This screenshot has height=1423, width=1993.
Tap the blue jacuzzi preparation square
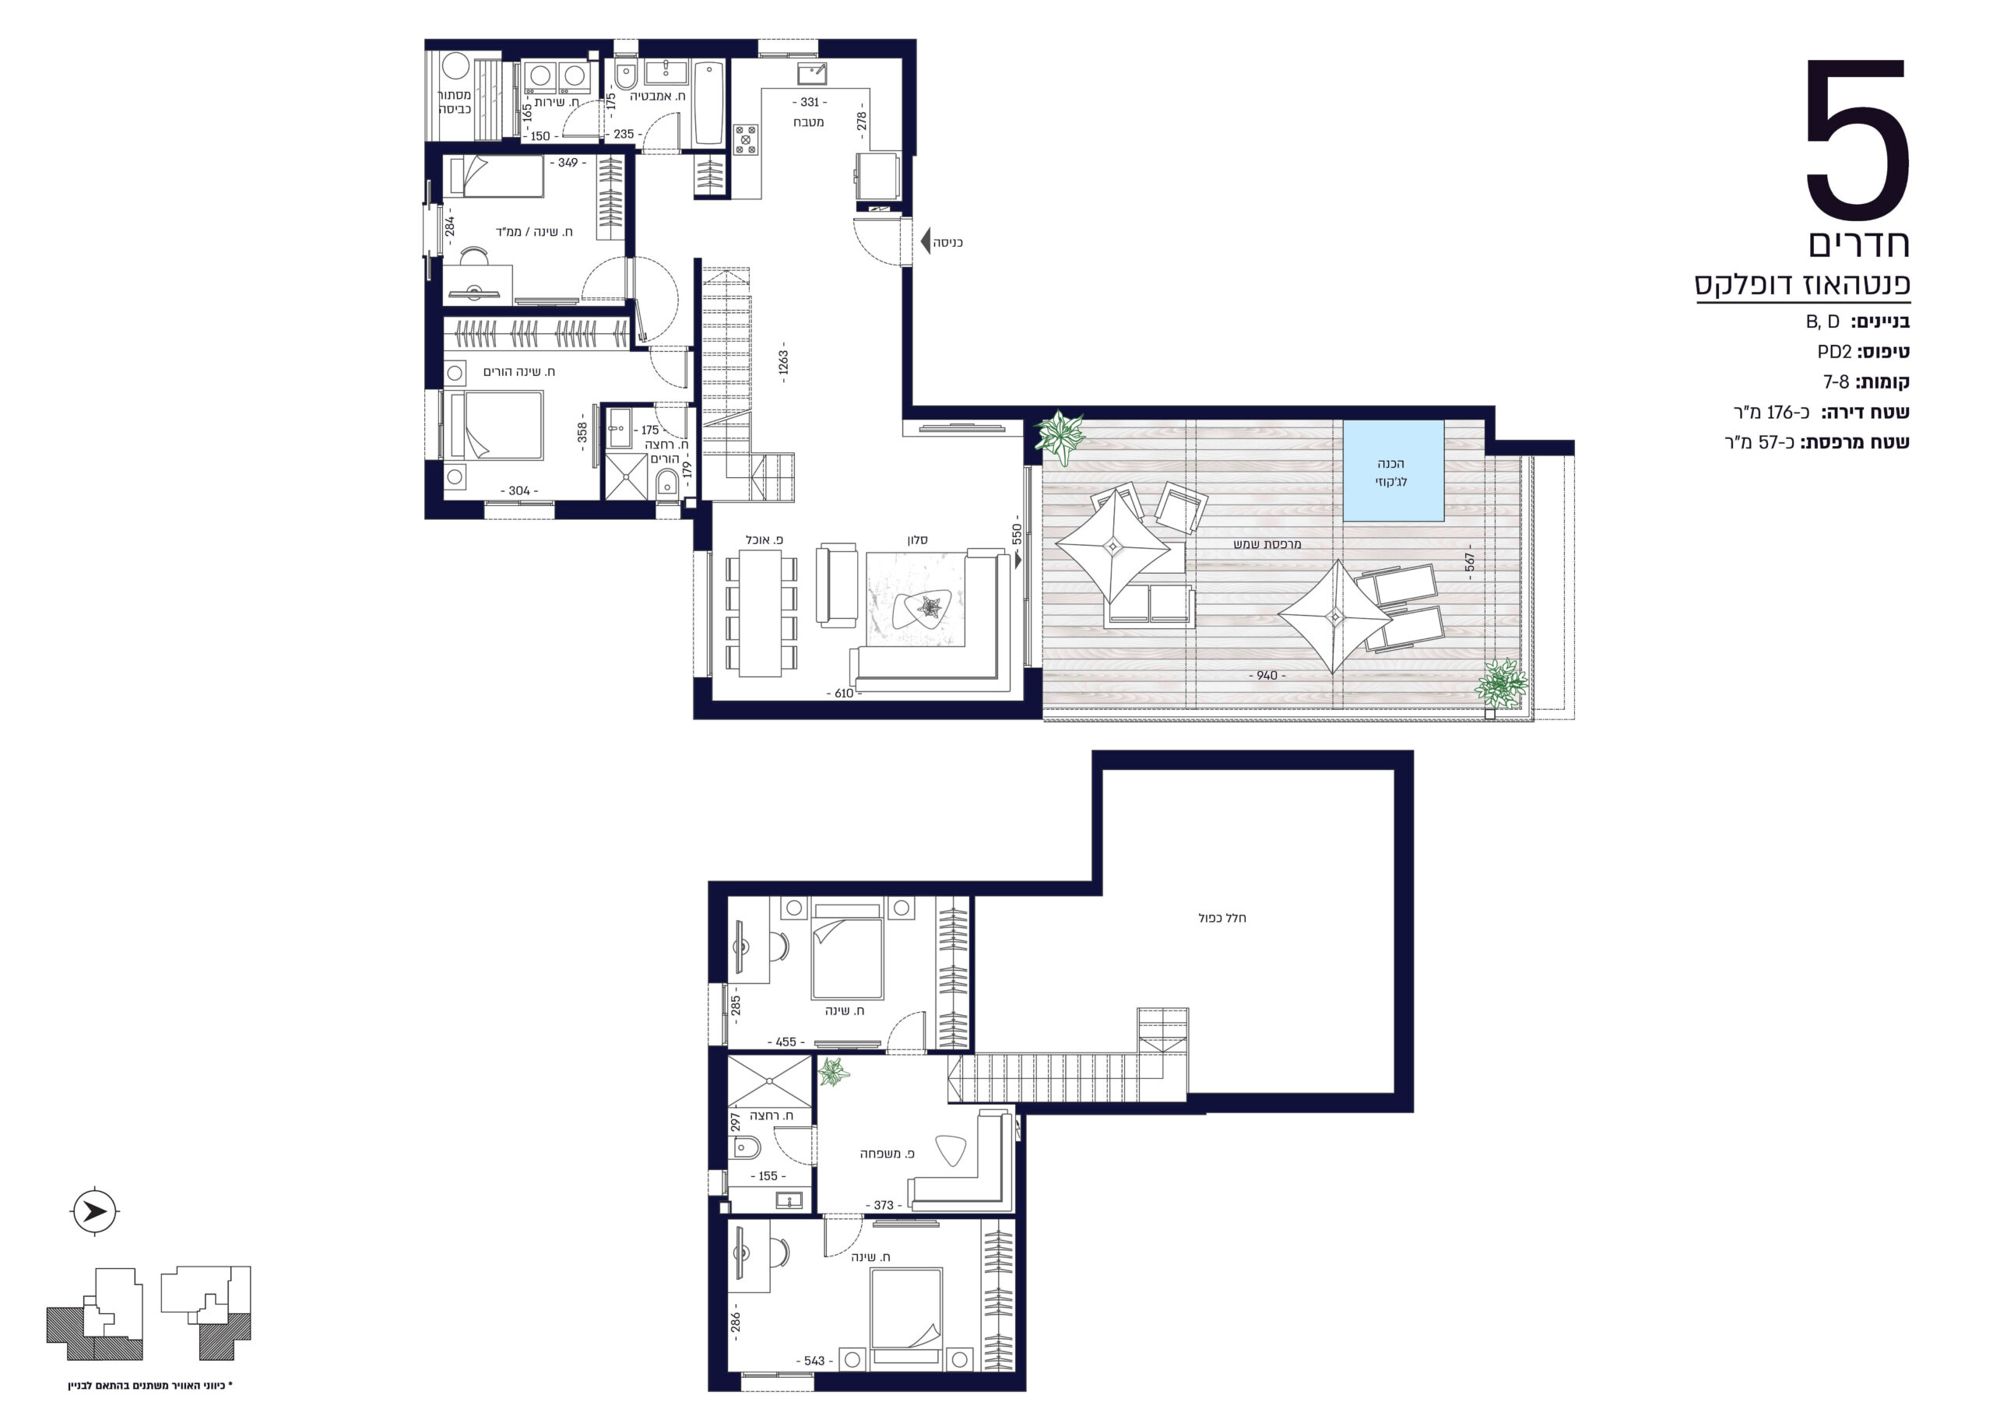(1393, 472)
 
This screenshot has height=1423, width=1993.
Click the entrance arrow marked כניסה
(926, 241)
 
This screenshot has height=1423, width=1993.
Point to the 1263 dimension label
(783, 362)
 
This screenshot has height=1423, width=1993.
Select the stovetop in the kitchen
(746, 139)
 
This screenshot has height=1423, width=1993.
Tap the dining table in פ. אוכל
(761, 613)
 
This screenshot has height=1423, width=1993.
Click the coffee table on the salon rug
(923, 607)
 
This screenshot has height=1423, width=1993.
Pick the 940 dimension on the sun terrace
(1267, 676)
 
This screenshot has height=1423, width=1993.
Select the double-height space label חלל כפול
(1222, 918)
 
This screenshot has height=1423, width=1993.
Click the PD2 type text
(1834, 352)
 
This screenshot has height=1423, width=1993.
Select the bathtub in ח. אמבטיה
(708, 103)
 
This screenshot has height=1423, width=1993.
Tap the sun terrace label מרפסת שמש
(1267, 544)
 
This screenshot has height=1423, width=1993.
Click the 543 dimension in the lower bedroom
(814, 1361)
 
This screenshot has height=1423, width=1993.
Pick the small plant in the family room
(832, 1072)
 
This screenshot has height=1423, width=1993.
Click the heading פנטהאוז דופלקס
(1803, 285)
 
